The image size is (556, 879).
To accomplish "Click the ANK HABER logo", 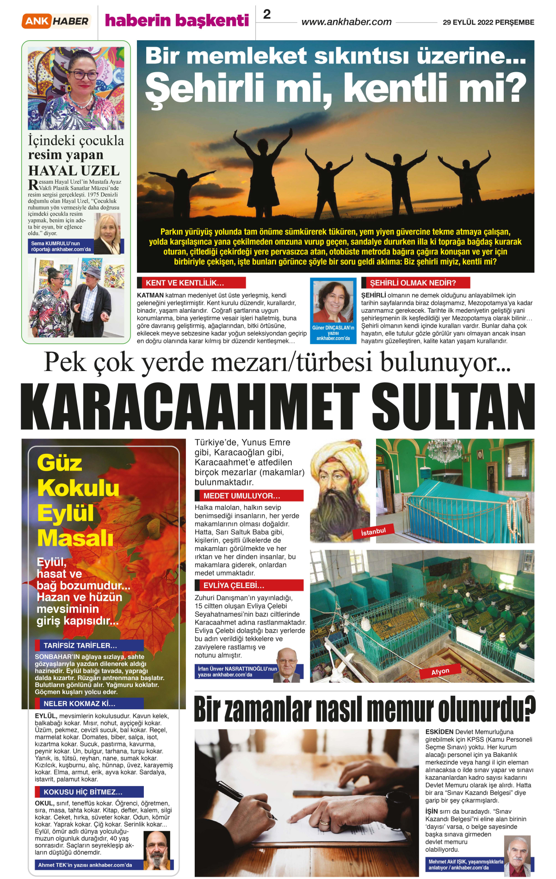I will click(56, 21).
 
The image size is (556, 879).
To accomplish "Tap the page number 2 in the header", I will click(267, 14).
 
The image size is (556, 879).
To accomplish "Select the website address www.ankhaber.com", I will click(346, 22).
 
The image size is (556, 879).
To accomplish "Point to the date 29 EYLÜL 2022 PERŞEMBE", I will click(488, 22).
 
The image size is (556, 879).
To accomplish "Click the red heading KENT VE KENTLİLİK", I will click(191, 283).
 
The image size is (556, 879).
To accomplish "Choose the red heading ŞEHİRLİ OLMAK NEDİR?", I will click(415, 283).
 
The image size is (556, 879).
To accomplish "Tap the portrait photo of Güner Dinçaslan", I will click(333, 301).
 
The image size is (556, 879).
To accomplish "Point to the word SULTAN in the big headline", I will click(453, 407).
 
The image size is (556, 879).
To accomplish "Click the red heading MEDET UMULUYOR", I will click(248, 496).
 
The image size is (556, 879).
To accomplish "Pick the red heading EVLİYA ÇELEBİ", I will click(248, 586).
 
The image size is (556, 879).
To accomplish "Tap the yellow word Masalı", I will click(75, 538).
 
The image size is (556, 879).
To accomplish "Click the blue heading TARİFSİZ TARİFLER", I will click(89, 645).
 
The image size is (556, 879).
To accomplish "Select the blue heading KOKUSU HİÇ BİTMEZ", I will click(89, 792).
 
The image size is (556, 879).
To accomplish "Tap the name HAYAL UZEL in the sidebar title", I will click(74, 171).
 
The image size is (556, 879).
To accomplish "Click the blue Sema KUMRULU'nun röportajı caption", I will click(61, 247).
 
